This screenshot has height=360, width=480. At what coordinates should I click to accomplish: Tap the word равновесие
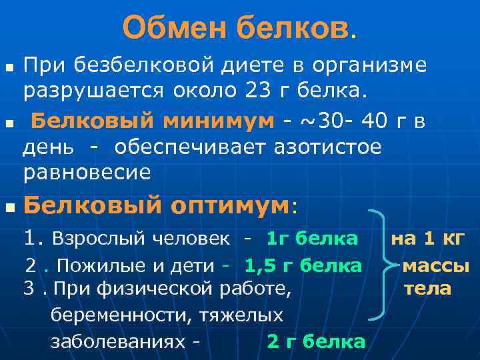(87, 172)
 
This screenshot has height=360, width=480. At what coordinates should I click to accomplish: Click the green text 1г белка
(312, 238)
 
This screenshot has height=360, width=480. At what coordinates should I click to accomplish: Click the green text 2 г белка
(316, 342)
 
